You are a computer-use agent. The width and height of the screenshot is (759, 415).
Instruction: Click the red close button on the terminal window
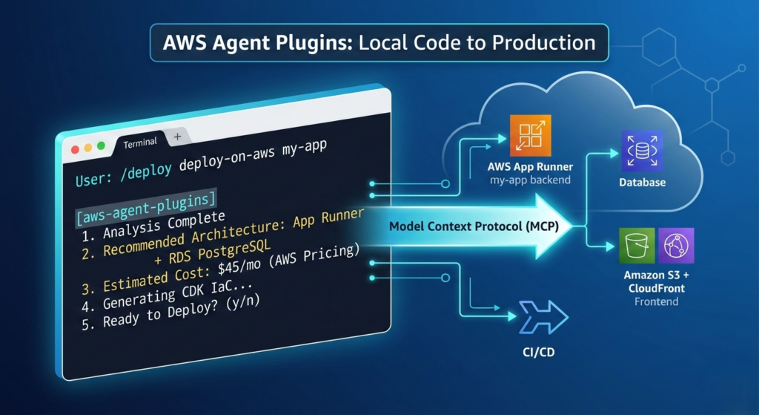74,149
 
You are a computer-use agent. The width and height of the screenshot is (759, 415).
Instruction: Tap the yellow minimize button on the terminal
87,148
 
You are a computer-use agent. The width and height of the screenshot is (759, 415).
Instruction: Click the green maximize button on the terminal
101,146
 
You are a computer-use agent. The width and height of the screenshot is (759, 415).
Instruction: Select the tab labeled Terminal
139,142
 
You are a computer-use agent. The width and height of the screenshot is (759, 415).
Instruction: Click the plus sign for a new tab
177,137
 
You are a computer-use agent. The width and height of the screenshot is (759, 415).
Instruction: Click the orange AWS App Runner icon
531,135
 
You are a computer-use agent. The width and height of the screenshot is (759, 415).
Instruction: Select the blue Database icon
642,151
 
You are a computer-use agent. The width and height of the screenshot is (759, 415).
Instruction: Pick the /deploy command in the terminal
148,169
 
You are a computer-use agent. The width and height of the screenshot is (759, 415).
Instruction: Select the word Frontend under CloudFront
656,302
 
